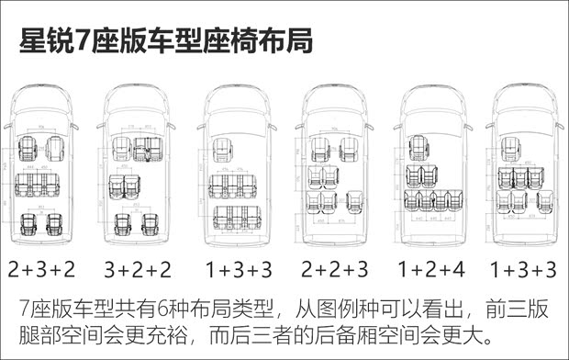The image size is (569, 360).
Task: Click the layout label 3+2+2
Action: [x=138, y=269]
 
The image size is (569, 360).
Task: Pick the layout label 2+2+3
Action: [x=334, y=269]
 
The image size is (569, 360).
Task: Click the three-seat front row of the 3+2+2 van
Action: [x=137, y=148]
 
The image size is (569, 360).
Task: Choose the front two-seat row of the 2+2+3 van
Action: [x=333, y=149]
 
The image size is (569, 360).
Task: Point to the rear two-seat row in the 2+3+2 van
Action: [x=41, y=222]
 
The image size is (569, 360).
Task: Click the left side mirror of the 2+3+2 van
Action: [x=7, y=126]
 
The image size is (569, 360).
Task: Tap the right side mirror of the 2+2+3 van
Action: [x=369, y=126]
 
